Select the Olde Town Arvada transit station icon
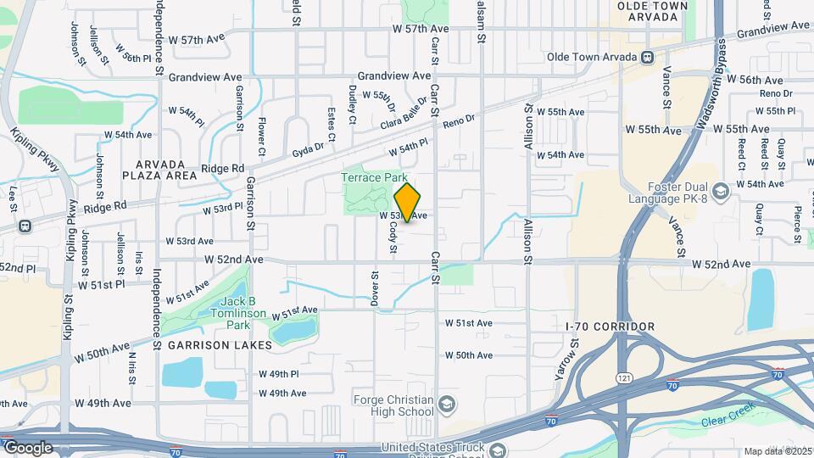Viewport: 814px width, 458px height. tap(647, 58)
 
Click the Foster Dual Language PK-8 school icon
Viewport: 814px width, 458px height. tap(720, 192)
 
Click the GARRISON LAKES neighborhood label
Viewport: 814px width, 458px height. tap(220, 345)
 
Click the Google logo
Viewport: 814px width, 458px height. tap(27, 447)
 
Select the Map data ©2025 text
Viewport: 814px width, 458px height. tap(777, 451)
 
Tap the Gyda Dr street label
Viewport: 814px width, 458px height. tap(309, 148)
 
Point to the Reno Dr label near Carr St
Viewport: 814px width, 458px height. tap(459, 125)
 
